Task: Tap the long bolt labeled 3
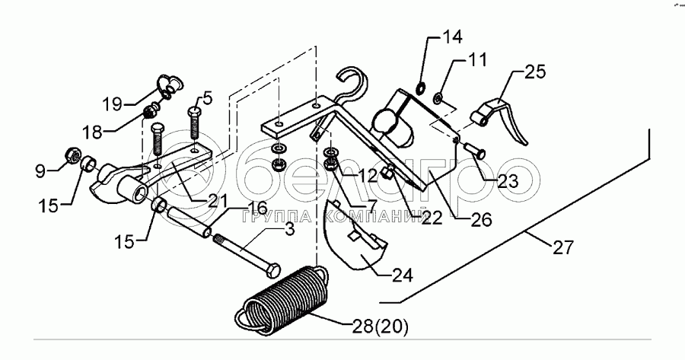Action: coord(243,255)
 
